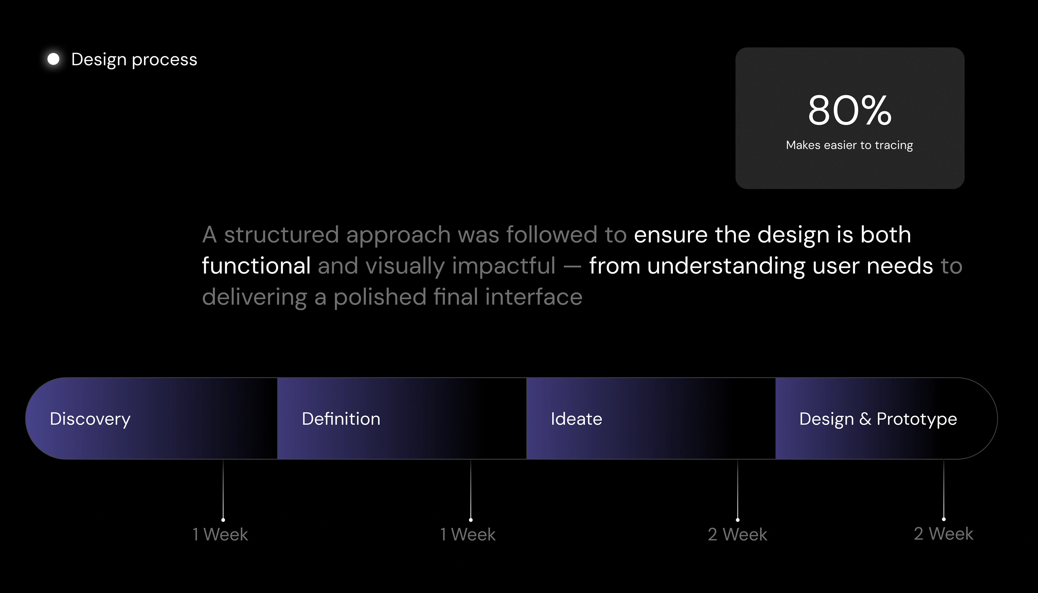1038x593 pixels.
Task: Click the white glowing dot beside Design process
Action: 53,59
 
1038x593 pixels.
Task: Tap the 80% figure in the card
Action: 850,110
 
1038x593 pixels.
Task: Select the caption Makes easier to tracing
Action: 850,145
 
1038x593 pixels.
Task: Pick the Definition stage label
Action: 341,419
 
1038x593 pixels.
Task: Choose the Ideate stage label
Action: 576,419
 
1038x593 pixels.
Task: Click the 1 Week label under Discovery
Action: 220,534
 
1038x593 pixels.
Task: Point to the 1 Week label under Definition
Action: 468,534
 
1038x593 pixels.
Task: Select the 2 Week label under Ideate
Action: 737,534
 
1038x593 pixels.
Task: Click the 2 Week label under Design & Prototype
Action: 943,534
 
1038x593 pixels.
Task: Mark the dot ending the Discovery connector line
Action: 223,520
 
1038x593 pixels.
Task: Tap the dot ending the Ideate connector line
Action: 737,520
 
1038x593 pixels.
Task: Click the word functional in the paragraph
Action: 256,265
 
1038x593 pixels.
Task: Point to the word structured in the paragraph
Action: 281,235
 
